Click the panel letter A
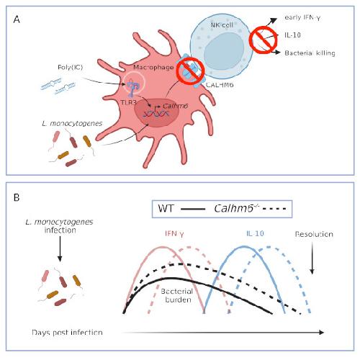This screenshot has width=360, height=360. click(17, 19)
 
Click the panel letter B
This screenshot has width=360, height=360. click(17, 197)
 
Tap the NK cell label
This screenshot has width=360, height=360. click(222, 24)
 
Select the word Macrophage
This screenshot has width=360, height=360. click(153, 68)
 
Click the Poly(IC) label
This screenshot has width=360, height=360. click(70, 67)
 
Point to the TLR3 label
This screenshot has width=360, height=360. click(128, 102)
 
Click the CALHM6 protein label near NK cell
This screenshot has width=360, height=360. click(220, 85)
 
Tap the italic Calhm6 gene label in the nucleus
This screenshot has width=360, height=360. click(176, 106)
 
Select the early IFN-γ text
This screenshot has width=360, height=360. click(302, 18)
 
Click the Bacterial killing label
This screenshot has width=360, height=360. click(310, 53)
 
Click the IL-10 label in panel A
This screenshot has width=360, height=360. click(292, 35)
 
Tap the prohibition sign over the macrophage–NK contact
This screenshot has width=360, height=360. click(190, 71)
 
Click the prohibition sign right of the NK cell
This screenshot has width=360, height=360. click(263, 40)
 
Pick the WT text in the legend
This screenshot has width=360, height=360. click(166, 208)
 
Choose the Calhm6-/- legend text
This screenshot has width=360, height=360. click(237, 208)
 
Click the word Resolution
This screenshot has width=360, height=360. click(314, 234)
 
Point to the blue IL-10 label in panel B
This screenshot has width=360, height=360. click(255, 233)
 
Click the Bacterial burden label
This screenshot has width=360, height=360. click(177, 295)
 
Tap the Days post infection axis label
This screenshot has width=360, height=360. click(67, 333)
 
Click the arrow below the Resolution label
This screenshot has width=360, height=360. click(312, 258)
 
